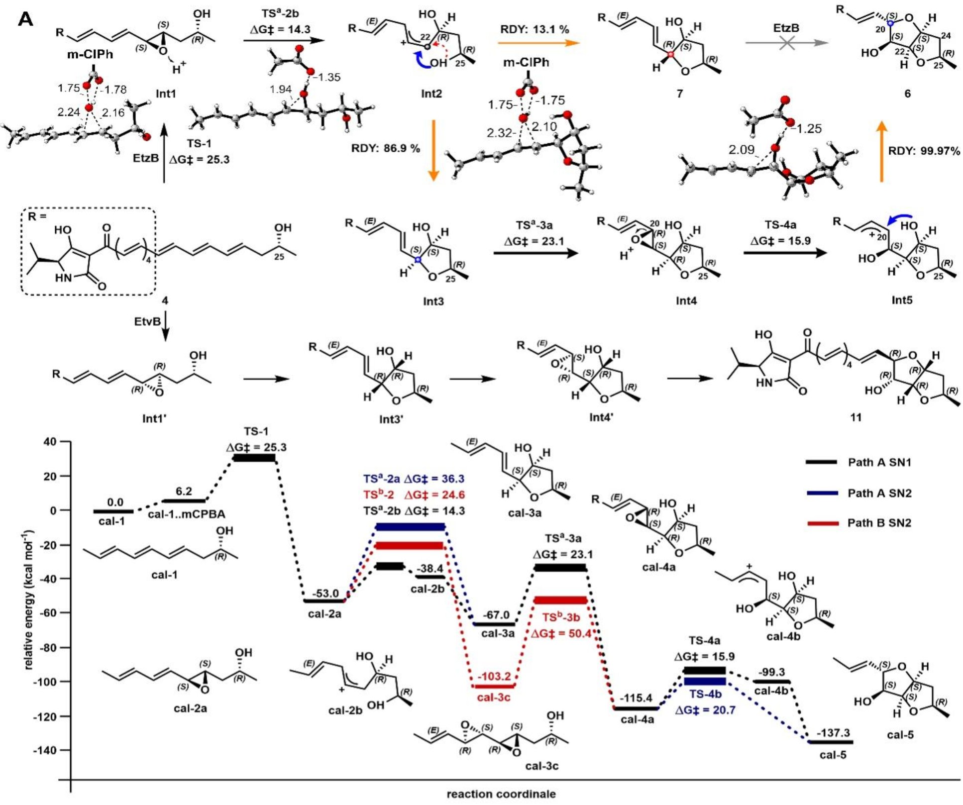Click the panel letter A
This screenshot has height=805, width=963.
coord(26,20)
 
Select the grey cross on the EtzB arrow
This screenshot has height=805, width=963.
coord(786,43)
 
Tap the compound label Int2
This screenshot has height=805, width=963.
coord(431,94)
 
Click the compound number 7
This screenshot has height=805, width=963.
coord(679,93)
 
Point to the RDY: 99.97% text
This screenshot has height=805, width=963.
coord(924,151)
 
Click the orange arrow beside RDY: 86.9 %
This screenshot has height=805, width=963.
coord(433,150)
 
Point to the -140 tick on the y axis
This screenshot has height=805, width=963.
coord(45,750)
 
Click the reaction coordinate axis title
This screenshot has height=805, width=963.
coord(501,794)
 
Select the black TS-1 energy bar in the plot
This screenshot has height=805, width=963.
coord(254,458)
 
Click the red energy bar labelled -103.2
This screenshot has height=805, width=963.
coord(493,686)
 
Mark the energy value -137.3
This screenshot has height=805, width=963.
coord(833,732)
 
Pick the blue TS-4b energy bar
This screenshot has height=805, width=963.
coord(705,681)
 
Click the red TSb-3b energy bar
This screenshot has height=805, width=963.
coord(560,600)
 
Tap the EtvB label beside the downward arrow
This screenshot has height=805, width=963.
coord(147,321)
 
